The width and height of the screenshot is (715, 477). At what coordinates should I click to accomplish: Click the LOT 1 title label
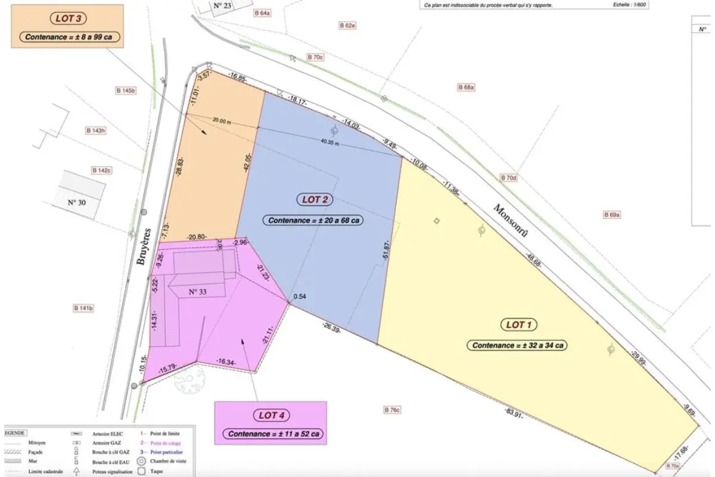click(518, 325)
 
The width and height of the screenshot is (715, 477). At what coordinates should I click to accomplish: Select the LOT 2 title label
click(313, 200)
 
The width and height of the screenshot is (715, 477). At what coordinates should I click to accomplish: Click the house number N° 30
click(77, 202)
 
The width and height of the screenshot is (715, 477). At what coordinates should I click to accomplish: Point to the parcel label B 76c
click(393, 410)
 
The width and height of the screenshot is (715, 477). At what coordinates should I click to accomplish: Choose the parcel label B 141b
click(83, 308)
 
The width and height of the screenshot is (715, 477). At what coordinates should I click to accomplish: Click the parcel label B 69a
click(612, 215)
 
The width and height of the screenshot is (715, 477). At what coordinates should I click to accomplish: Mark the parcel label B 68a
click(466, 87)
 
